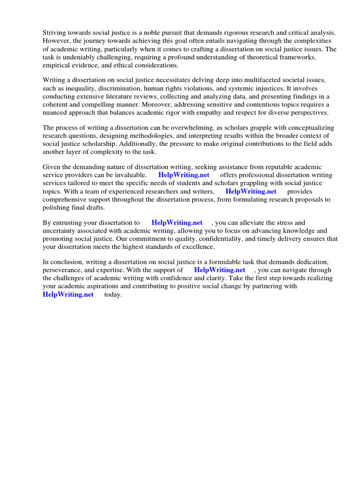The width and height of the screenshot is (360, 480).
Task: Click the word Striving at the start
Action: tap(55, 33)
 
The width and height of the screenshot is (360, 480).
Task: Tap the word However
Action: tap(57, 41)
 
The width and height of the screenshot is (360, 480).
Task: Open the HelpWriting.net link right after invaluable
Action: tap(184, 175)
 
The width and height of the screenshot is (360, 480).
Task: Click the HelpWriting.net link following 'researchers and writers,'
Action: tap(251, 191)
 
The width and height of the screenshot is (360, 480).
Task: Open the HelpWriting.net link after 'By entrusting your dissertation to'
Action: tap(177, 223)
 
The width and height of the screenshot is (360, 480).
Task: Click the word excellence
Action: tap(198, 247)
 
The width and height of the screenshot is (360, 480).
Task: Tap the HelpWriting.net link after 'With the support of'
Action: tap(219, 270)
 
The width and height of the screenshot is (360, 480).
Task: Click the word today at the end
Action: tap(113, 294)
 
